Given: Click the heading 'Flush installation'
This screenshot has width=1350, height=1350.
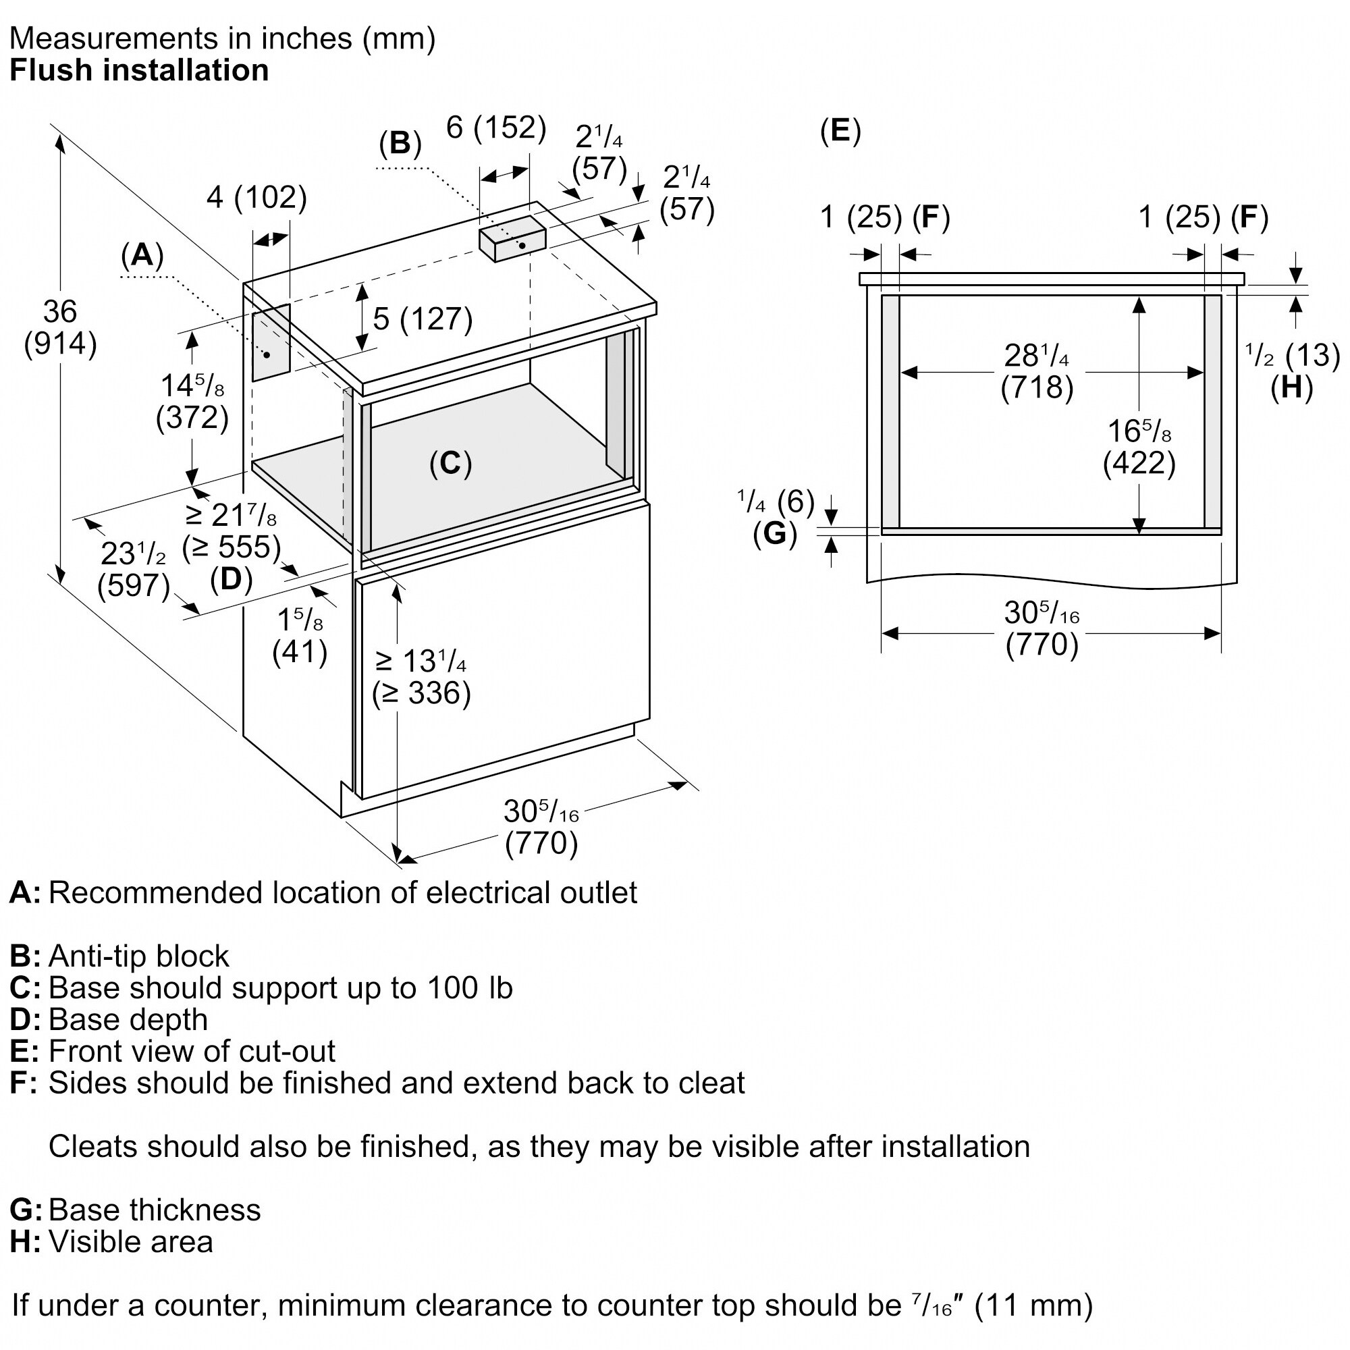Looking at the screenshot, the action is click(x=139, y=71).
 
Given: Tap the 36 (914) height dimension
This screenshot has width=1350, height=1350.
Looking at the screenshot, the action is click(x=60, y=328).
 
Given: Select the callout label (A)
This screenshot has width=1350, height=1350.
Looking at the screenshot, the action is click(x=142, y=255).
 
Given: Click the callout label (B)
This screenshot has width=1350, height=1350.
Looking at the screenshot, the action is click(x=400, y=143).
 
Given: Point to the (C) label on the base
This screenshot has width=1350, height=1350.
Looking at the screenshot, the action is click(x=451, y=463).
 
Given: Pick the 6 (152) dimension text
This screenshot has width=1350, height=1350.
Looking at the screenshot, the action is click(x=496, y=127).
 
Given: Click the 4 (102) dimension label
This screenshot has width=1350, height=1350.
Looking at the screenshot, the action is click(x=257, y=197).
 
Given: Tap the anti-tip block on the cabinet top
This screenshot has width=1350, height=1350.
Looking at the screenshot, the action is click(x=512, y=238).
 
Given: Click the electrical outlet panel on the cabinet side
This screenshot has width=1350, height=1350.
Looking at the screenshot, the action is click(x=271, y=342).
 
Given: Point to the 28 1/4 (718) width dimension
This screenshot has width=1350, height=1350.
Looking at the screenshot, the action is click(x=1037, y=371).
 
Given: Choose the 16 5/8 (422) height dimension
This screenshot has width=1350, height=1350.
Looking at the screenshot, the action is click(x=1139, y=448).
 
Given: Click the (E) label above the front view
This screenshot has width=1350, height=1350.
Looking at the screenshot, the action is click(x=840, y=131).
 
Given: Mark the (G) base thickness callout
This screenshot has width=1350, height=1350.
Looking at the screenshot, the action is click(x=775, y=534).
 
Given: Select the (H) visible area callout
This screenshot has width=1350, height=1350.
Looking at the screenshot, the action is click(x=1292, y=387).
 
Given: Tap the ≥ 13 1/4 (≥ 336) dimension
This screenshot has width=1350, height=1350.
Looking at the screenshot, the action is click(x=421, y=677).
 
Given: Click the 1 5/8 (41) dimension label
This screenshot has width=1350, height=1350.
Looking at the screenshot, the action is click(x=300, y=636).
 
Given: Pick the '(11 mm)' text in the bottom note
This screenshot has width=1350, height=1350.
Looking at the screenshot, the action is click(x=1033, y=1305).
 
